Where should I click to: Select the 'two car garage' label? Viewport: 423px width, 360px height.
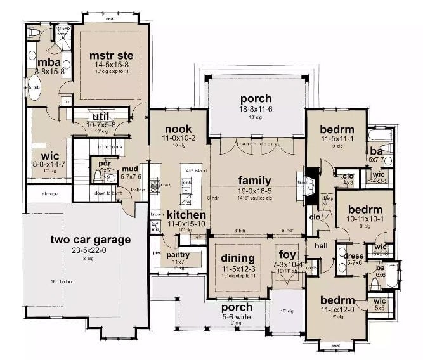[91, 240]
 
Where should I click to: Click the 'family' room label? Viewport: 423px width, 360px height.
[255, 180]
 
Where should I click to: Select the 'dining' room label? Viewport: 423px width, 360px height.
[237, 258]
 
